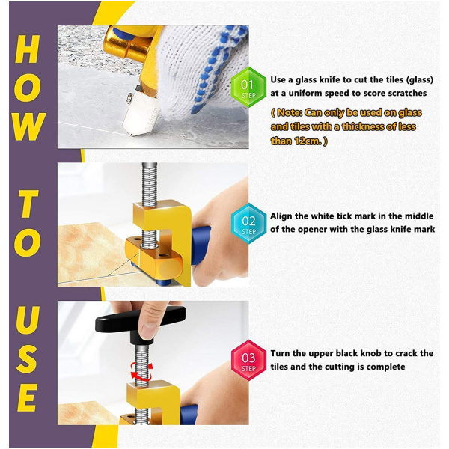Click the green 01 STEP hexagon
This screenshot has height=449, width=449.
[x=248, y=88]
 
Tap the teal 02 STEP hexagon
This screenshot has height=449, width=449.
[x=248, y=223]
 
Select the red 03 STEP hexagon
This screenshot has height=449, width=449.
[x=248, y=360]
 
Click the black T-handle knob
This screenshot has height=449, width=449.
[x=140, y=320]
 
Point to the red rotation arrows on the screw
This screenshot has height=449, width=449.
[x=141, y=370]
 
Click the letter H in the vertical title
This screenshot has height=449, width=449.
[x=27, y=49]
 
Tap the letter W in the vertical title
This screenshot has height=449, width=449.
[x=29, y=126]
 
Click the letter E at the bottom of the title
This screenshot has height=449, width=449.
[x=27, y=397]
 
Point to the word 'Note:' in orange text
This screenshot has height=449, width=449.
[x=289, y=112]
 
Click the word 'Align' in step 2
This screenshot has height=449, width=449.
[x=281, y=216]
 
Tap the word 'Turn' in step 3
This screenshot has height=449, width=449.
[x=280, y=353]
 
